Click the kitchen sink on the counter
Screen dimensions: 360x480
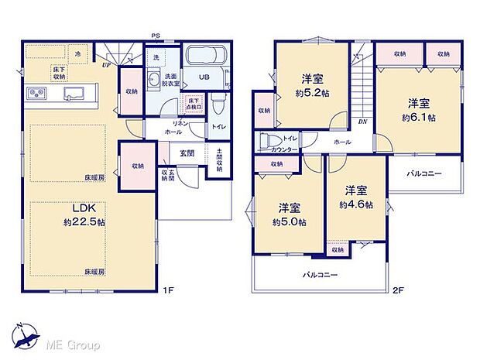(74, 94)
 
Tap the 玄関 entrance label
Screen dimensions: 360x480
(187, 153)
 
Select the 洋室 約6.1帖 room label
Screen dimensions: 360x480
(418, 110)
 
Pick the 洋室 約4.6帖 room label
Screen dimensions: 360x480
(356, 197)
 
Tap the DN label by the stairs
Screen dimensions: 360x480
(362, 122)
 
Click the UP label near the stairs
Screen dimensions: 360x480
(105, 65)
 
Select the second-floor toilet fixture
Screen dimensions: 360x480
(268, 142)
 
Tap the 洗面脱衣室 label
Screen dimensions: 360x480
(171, 80)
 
